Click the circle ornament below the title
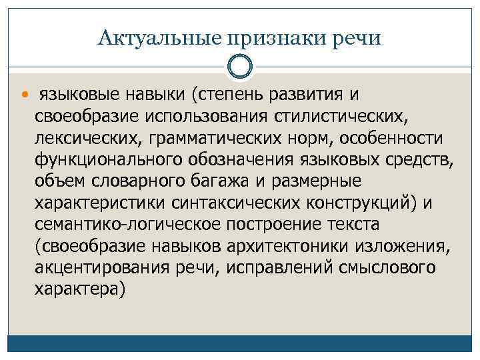240,67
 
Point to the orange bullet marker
26,95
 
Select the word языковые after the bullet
74,95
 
